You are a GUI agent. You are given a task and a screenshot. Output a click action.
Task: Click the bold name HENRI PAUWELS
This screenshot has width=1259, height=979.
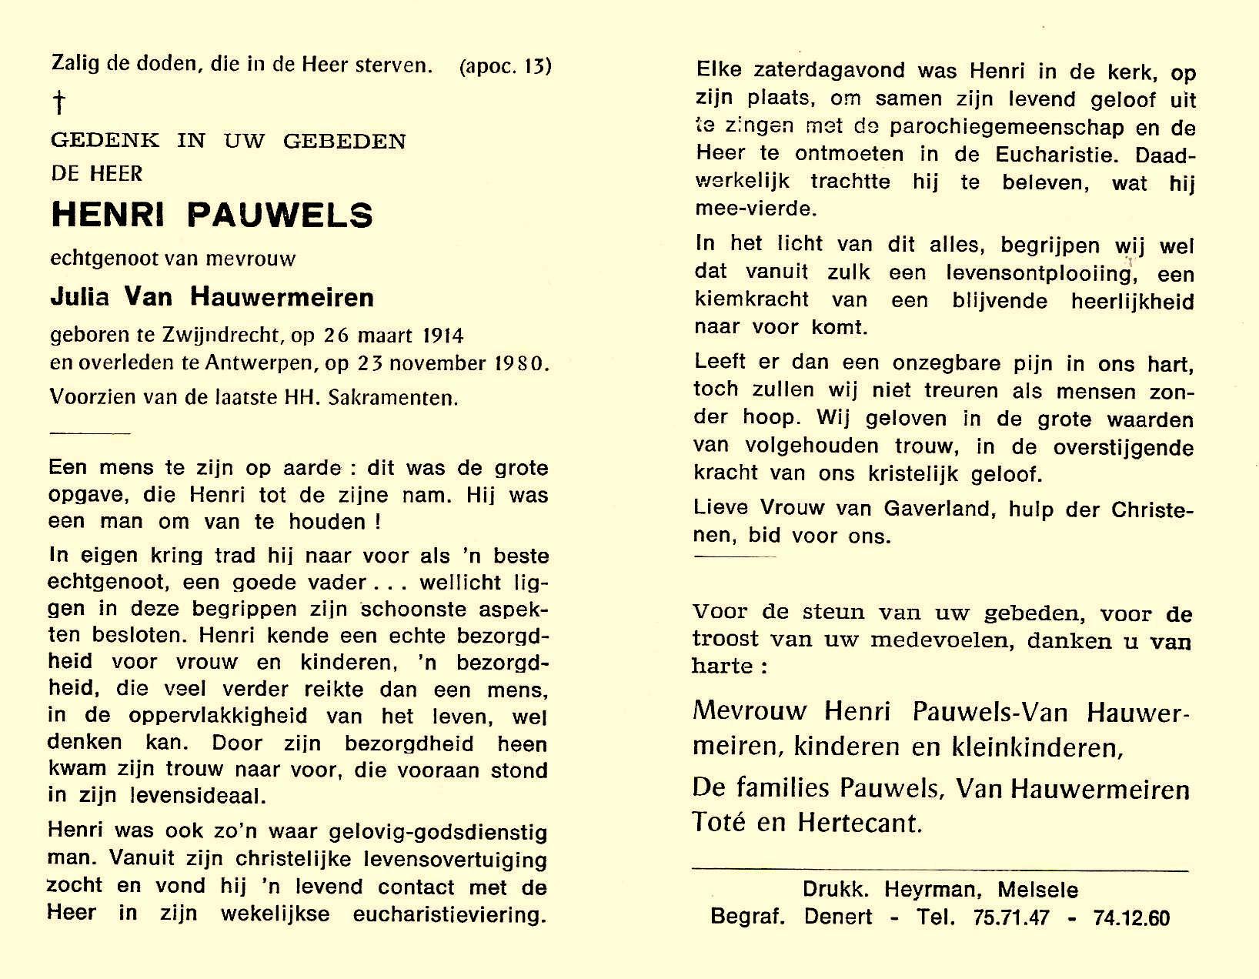pos(212,216)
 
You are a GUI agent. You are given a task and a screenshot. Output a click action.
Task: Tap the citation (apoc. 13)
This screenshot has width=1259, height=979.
pos(506,66)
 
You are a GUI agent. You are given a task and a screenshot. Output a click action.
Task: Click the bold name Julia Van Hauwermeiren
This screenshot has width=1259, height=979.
pos(212,297)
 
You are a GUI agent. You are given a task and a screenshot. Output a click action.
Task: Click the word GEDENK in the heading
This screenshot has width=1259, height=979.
pos(105,141)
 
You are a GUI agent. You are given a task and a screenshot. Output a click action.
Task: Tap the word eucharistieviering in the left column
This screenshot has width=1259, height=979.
pos(449,914)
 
